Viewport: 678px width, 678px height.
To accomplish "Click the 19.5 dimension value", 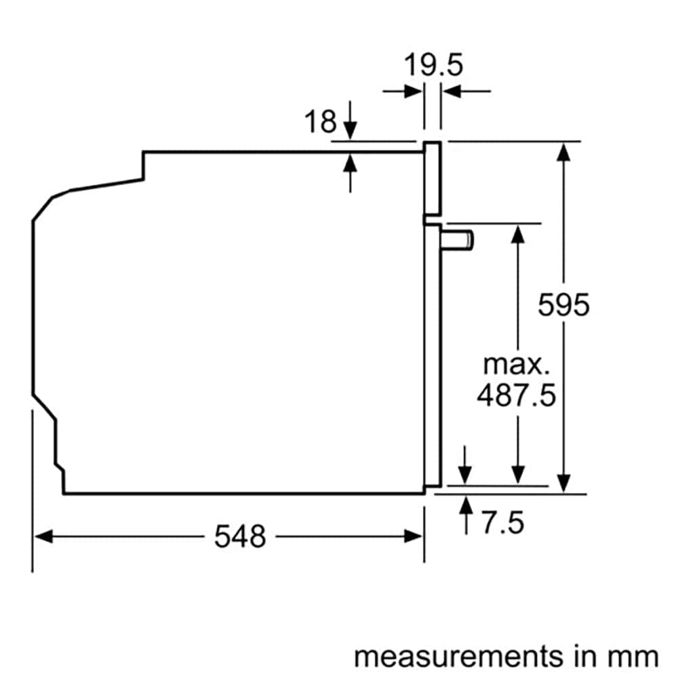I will point(433,66).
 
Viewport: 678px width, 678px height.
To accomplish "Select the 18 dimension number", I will point(320,122).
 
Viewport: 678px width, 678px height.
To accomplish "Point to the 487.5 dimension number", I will point(515,395).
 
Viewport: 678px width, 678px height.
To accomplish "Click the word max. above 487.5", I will point(515,364).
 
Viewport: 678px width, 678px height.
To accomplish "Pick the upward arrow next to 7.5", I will point(466,506).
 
